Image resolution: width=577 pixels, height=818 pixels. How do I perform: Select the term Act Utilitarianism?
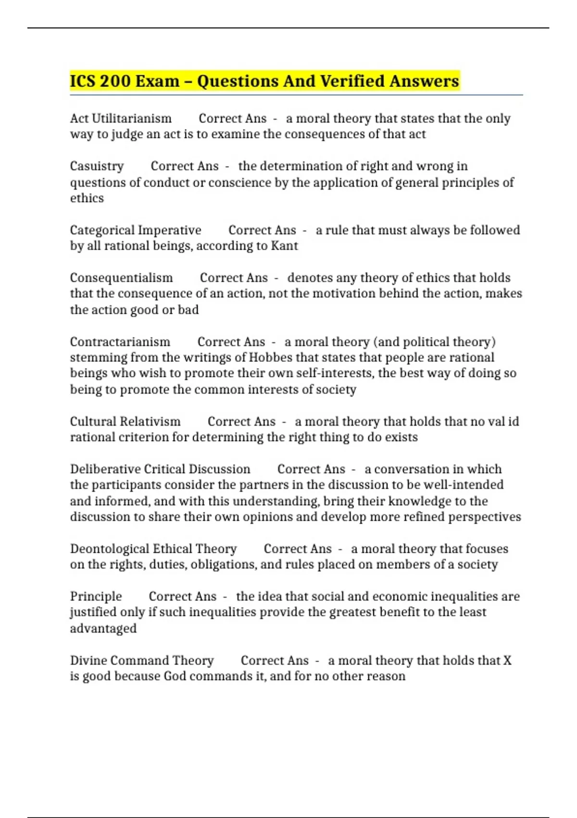pyautogui.click(x=121, y=118)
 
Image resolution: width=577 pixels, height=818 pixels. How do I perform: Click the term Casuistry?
pyautogui.click(x=97, y=166)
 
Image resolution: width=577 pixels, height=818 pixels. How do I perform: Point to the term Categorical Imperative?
pyautogui.click(x=136, y=230)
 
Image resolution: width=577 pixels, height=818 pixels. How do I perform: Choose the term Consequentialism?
pyautogui.click(x=121, y=278)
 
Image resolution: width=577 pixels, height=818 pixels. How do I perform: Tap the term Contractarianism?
pyautogui.click(x=120, y=342)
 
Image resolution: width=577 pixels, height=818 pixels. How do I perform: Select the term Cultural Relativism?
pyautogui.click(x=125, y=422)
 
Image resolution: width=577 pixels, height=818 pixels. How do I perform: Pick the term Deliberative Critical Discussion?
pyautogui.click(x=160, y=469)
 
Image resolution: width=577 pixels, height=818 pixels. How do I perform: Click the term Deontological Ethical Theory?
pyautogui.click(x=153, y=549)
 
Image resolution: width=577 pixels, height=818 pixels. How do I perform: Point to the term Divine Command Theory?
pyautogui.click(x=142, y=661)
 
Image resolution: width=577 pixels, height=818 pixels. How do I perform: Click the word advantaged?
pyautogui.click(x=103, y=628)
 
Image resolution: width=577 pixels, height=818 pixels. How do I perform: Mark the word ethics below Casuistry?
pyautogui.click(x=87, y=198)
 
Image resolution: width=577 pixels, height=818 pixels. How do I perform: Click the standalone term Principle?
pyautogui.click(x=96, y=597)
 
